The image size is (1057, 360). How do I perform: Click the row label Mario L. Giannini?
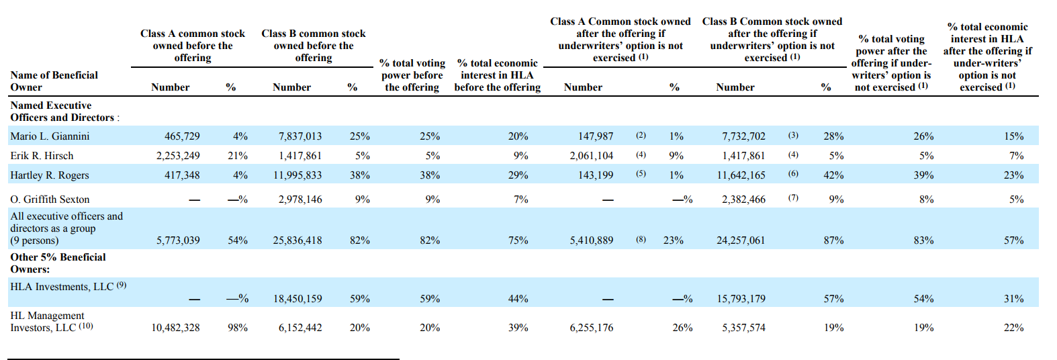coord(50,136)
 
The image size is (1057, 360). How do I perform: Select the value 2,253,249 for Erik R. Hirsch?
coord(178,156)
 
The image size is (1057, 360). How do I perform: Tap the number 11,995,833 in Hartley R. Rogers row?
coord(297,175)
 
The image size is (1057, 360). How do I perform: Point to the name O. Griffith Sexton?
coord(50,199)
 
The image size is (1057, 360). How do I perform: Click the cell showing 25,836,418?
coord(297,240)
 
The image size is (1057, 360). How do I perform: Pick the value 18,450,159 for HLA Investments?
coord(297,299)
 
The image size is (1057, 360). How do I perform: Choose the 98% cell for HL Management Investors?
coord(237,328)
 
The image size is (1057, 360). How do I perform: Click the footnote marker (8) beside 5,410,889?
coord(641,238)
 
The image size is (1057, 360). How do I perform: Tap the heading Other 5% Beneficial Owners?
coord(58,263)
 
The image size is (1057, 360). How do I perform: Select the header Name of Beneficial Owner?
coord(54,81)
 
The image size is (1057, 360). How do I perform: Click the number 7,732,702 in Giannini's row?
coord(743,136)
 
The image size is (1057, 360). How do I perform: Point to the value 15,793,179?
coord(741,299)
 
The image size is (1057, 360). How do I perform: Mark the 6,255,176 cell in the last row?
coord(592,328)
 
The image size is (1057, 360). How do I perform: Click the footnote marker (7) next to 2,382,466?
coord(792,197)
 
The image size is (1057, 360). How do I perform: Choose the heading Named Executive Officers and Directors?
coord(64,111)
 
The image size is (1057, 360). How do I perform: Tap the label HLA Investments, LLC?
coord(62,287)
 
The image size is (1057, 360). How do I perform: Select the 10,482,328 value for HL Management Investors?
coord(175,328)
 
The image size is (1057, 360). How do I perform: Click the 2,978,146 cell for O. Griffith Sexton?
coord(300,199)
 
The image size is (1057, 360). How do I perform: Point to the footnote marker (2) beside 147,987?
coord(641,135)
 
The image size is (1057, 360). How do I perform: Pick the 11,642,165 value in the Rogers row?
coord(741,175)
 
